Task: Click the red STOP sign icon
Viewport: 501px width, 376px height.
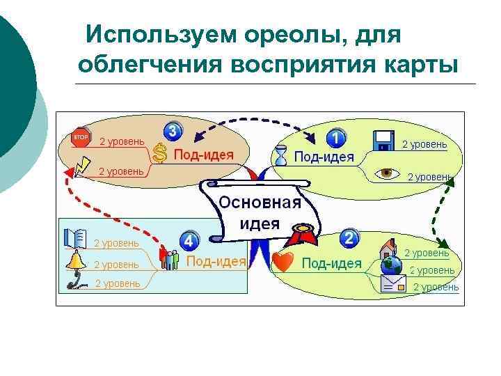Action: pyautogui.click(x=81, y=137)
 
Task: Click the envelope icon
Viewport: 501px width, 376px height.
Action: pyautogui.click(x=393, y=283)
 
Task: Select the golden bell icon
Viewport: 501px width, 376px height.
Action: pyautogui.click(x=75, y=260)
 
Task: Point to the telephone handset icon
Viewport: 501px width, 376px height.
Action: pyautogui.click(x=75, y=281)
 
